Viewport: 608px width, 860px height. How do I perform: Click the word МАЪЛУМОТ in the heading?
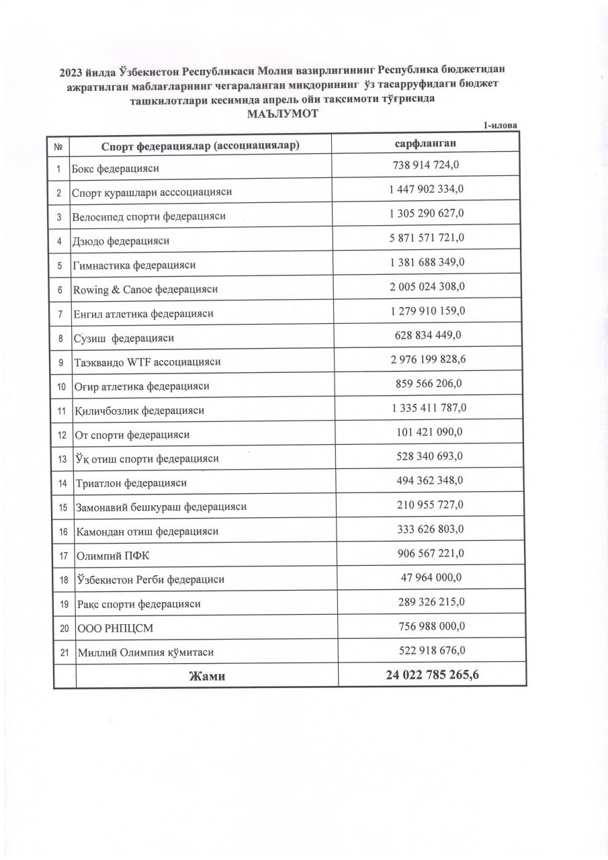click(282, 114)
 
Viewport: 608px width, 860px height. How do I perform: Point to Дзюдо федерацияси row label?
click(121, 241)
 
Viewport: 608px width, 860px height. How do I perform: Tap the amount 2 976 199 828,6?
click(428, 359)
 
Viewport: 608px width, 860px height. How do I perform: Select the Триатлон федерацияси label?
click(130, 483)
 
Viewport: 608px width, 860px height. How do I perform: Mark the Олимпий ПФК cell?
click(107, 556)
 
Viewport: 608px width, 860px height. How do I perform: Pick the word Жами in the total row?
click(206, 676)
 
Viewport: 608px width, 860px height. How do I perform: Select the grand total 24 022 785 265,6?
click(432, 675)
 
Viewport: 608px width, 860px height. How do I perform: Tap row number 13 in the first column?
click(62, 460)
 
